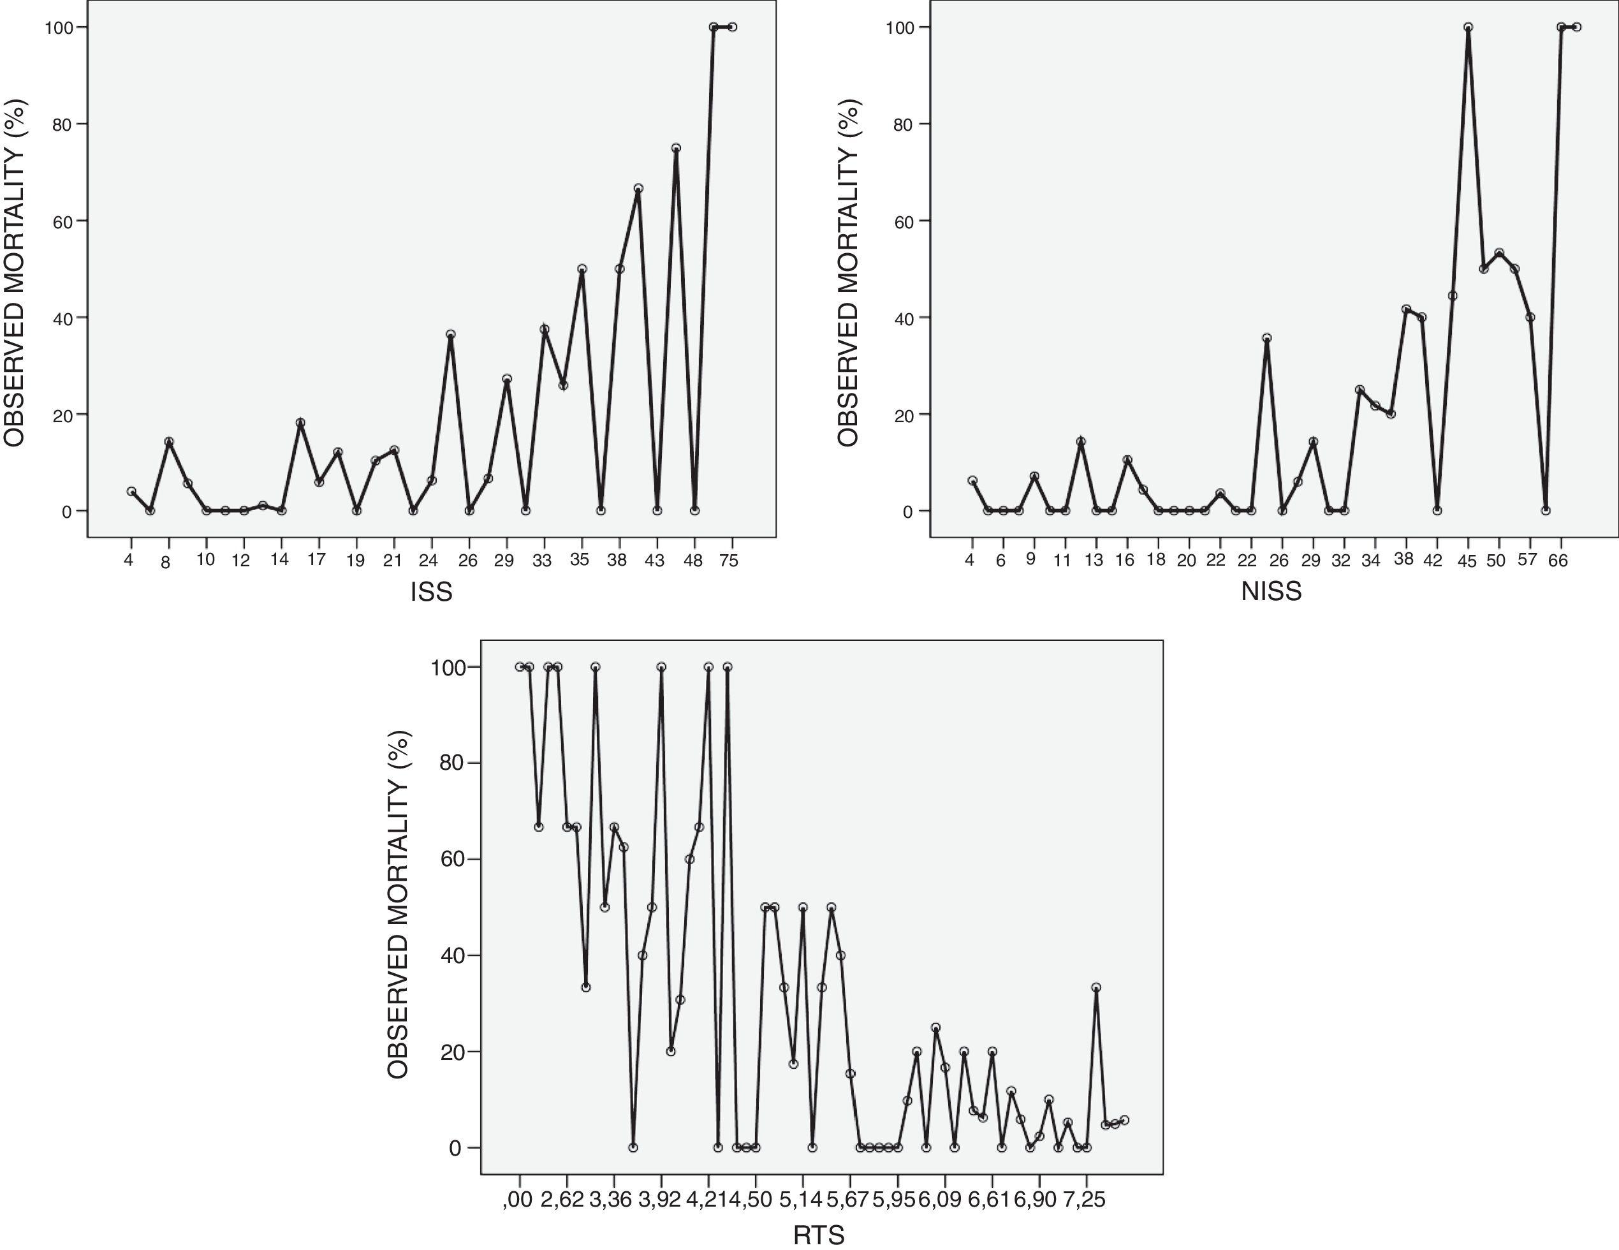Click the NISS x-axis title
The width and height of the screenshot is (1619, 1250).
pos(1271,592)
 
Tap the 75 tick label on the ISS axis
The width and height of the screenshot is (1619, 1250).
pos(729,561)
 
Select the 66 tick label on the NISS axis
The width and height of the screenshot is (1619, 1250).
pos(1558,561)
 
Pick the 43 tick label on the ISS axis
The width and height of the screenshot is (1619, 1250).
pos(655,561)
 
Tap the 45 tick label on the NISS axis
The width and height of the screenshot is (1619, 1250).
pos(1467,561)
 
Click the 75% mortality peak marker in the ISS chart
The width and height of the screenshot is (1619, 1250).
pos(676,149)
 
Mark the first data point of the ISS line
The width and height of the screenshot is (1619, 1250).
pos(131,492)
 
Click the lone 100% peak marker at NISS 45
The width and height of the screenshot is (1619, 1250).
pos(1468,27)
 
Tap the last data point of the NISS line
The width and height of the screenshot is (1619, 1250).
pos(1576,27)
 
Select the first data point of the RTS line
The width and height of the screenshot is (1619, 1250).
pos(520,667)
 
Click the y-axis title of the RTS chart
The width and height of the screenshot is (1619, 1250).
pos(397,904)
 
